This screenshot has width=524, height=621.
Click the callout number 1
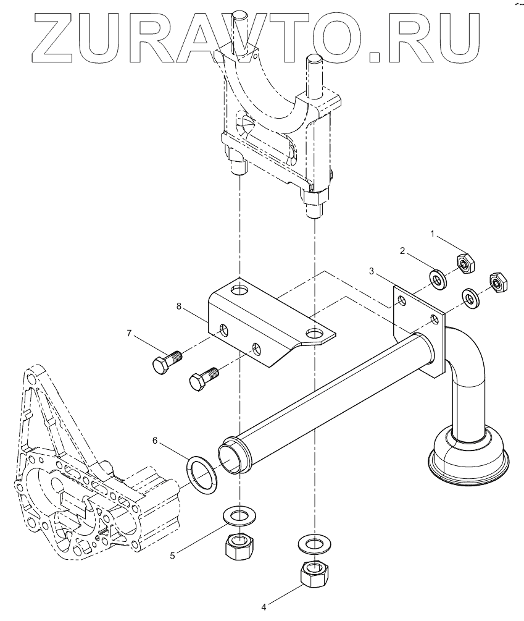(433, 234)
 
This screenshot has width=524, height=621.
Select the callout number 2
(403, 251)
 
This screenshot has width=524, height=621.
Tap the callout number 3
(372, 271)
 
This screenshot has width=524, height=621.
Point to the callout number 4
(264, 607)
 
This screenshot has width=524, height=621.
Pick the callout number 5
(173, 555)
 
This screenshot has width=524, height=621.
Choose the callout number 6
(156, 440)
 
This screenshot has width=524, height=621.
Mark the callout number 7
(130, 334)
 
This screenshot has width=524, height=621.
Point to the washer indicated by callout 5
(239, 515)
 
